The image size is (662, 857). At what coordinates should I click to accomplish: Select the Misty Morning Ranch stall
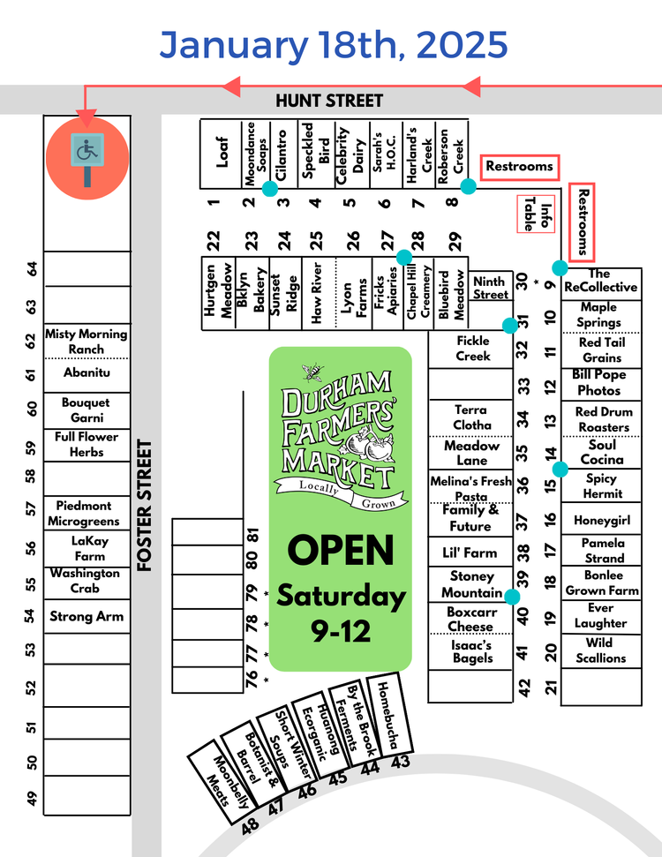click(x=86, y=342)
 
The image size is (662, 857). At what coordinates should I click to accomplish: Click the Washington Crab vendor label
click(x=85, y=580)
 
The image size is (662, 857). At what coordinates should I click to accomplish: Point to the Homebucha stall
click(x=389, y=714)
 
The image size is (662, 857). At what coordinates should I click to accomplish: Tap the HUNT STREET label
click(x=329, y=101)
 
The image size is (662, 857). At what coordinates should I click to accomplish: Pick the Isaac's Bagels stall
click(x=472, y=651)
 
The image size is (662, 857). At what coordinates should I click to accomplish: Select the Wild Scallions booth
click(x=600, y=650)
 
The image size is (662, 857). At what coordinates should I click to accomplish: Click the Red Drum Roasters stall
click(x=603, y=419)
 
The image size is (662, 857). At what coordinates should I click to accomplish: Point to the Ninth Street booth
click(x=490, y=289)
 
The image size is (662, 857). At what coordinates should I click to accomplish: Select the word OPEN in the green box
click(x=341, y=551)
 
